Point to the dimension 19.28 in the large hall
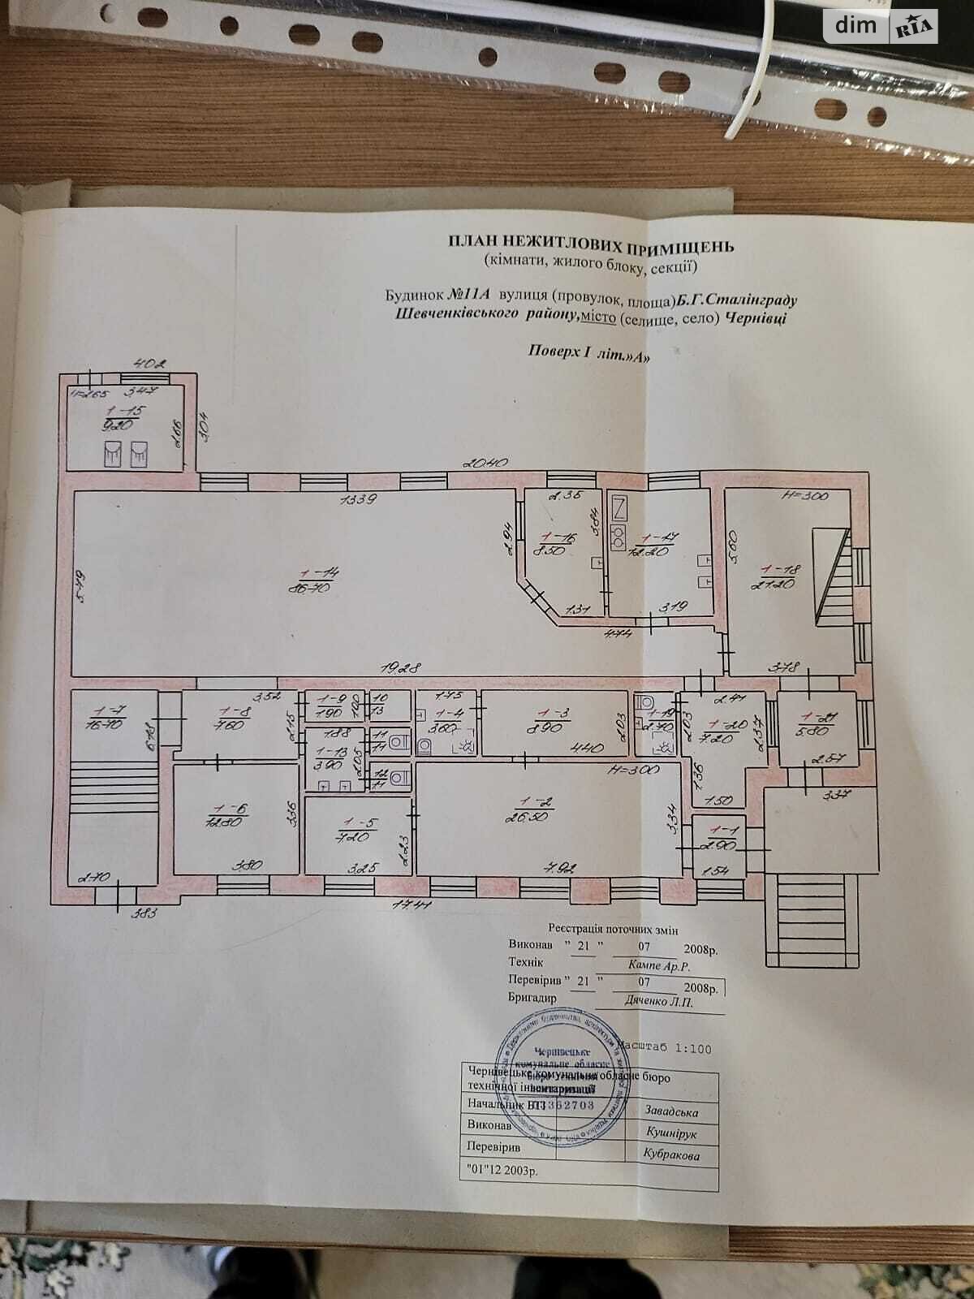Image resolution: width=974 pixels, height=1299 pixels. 403,668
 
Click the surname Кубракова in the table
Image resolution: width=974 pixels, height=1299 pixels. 670,1154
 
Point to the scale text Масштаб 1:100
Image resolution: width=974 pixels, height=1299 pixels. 664,1048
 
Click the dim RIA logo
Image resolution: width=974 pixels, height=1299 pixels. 880,27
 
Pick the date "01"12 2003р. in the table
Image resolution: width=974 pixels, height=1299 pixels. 503,1172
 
